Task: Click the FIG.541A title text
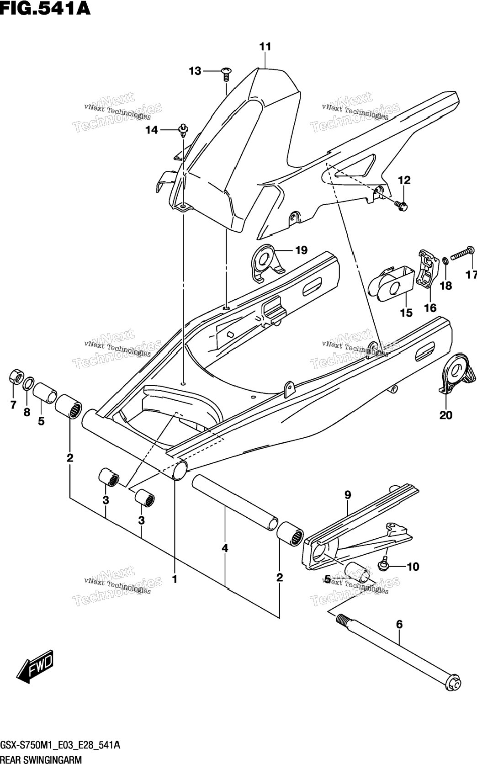(45, 8)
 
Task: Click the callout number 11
(265, 47)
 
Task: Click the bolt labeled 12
(401, 205)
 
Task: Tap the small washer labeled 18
(445, 262)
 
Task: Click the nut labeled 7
(16, 377)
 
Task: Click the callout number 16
(430, 308)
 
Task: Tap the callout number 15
(406, 313)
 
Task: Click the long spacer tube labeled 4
(235, 504)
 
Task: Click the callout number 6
(399, 625)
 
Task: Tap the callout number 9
(347, 495)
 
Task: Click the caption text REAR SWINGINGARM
(41, 759)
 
